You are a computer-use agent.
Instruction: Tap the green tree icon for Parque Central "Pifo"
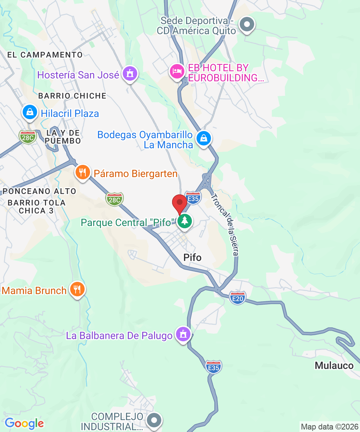[185, 221]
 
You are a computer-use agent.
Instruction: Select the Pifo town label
[192, 257]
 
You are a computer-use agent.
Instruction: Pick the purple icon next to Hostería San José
[130, 74]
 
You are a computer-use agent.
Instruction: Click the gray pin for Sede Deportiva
[247, 25]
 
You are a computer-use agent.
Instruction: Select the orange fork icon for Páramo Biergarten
[83, 172]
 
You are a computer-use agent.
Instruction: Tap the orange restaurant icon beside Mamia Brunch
[77, 289]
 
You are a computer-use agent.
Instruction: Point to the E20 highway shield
[238, 298]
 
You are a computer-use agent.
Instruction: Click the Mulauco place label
[334, 366]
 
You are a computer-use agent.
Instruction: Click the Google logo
[24, 423]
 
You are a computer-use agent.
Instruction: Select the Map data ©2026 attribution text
[329, 427]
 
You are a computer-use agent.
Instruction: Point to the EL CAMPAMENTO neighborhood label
[45, 55]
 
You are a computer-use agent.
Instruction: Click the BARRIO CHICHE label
[72, 96]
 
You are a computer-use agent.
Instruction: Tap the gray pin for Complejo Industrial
[155, 420]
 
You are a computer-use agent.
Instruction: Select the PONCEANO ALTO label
[39, 191]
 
